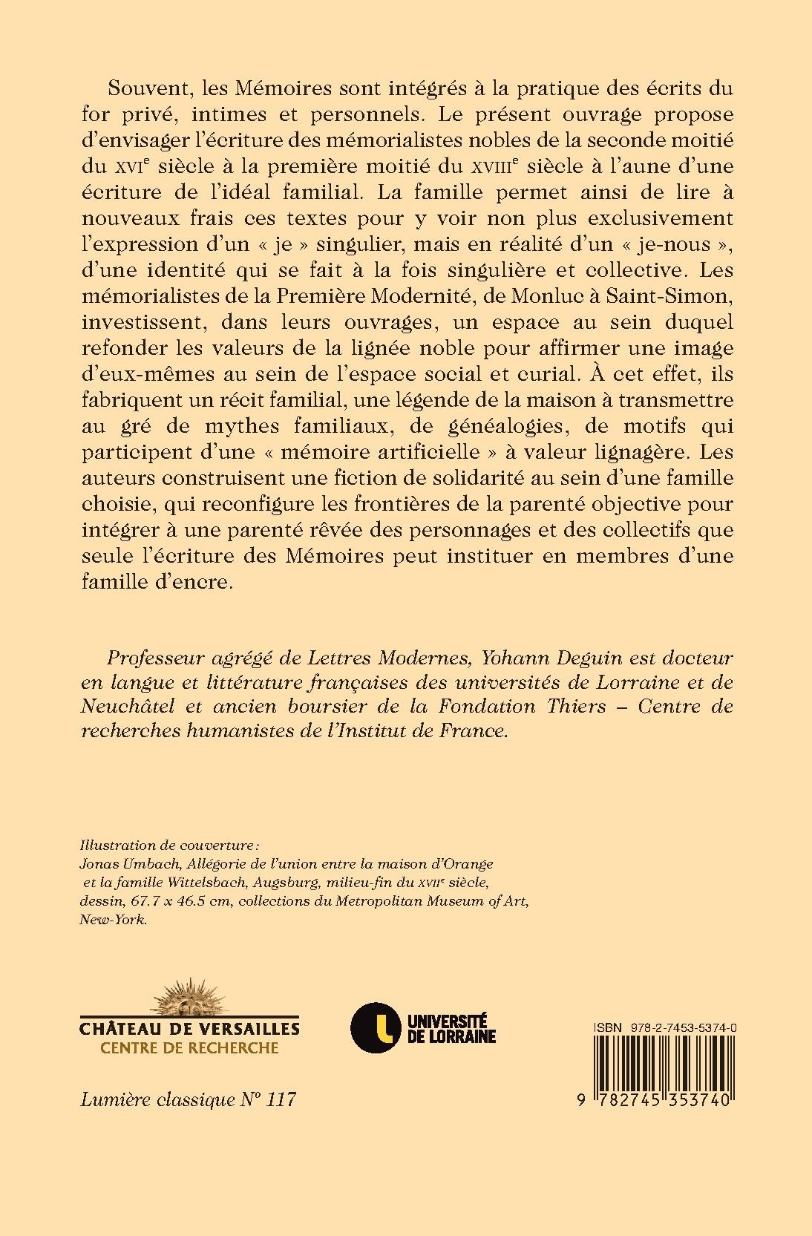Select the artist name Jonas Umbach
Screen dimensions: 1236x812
[x=121, y=864]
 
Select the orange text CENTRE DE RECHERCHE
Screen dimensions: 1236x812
[x=189, y=1048]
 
